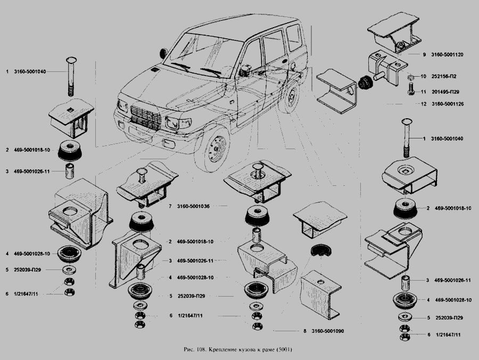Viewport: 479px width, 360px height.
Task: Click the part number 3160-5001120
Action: click(447, 55)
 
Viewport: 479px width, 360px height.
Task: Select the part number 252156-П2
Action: click(444, 76)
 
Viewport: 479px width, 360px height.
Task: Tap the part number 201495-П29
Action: click(445, 92)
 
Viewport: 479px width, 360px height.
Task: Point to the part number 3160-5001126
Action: click(448, 104)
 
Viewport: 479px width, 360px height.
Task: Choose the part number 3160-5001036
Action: click(193, 207)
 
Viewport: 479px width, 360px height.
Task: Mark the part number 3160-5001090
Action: click(328, 331)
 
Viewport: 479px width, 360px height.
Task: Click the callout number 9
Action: click(424, 55)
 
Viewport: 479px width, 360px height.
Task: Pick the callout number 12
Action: click(424, 104)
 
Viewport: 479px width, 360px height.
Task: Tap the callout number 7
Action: click(170, 207)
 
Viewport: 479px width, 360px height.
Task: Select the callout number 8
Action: click(304, 331)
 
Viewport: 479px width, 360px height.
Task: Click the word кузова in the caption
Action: click(236, 350)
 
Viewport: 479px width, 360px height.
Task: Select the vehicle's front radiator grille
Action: click(146, 117)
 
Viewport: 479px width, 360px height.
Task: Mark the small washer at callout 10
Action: click(410, 76)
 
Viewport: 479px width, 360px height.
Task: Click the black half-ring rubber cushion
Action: click(321, 249)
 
